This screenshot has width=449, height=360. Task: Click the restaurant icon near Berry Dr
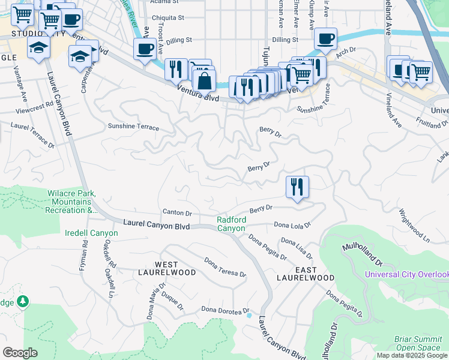(x=297, y=187)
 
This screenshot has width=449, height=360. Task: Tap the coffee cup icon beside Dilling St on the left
(x=145, y=49)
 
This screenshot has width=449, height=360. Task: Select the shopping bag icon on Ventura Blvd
(x=204, y=80)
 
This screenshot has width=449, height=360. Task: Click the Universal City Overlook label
(x=406, y=275)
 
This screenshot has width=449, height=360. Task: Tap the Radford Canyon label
(x=231, y=224)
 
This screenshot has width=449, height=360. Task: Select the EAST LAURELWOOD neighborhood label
(x=305, y=274)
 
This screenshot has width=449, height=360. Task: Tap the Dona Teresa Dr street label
(x=225, y=267)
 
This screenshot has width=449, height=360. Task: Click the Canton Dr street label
(x=177, y=212)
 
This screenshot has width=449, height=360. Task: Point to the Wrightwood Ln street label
(x=414, y=226)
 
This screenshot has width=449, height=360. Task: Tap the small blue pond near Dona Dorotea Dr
(x=248, y=314)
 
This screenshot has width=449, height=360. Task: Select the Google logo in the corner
(x=20, y=353)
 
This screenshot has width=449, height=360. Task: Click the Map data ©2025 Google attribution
(x=412, y=355)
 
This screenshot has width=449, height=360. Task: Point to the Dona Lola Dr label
(x=292, y=225)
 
